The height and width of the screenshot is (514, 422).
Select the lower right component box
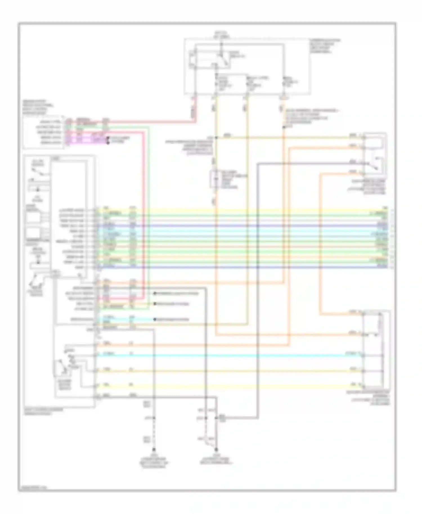point(376,349)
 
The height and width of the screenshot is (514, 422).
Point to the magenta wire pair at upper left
point(84,140)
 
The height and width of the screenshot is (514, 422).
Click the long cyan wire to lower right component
point(225,355)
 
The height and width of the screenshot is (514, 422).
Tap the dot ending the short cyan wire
point(154,319)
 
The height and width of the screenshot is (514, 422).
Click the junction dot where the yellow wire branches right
point(216,138)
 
